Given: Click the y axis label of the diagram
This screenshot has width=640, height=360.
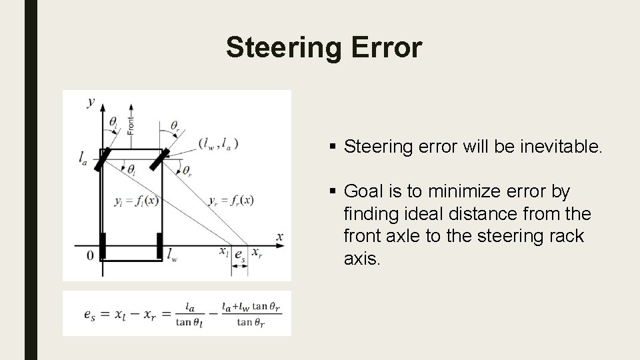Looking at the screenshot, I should pyautogui.click(x=91, y=101).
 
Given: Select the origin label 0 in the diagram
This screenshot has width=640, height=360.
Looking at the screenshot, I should pyautogui.click(x=90, y=255).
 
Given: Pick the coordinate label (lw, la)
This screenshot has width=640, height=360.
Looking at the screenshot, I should pyautogui.click(x=218, y=143).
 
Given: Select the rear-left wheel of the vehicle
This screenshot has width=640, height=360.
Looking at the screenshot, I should pyautogui.click(x=102, y=245).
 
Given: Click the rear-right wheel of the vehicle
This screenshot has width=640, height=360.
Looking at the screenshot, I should pyautogui.click(x=160, y=245).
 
